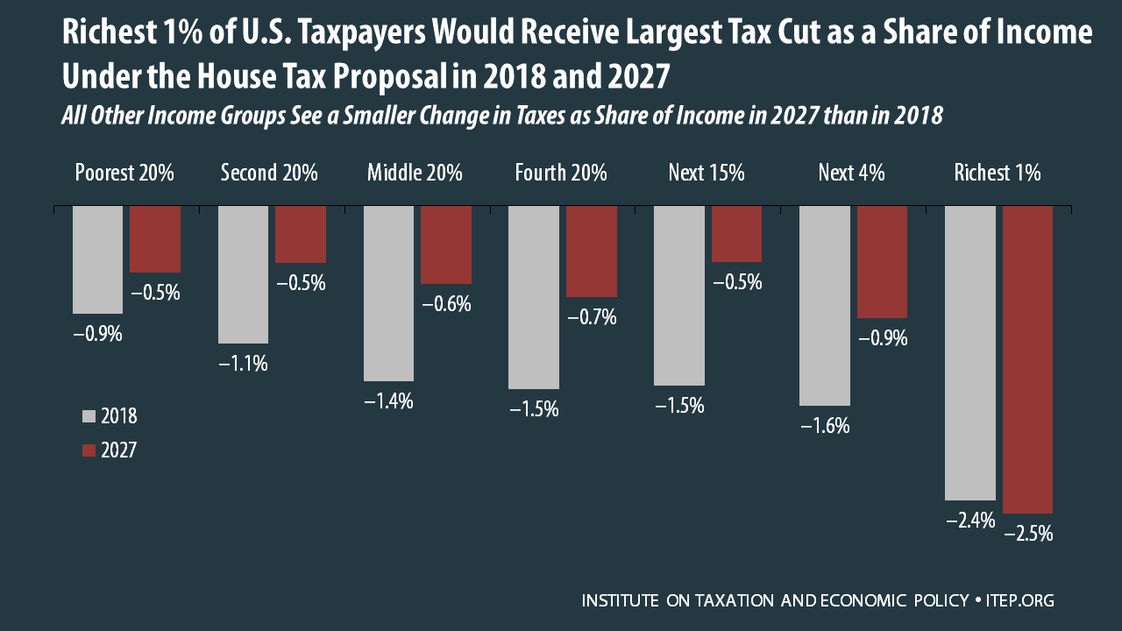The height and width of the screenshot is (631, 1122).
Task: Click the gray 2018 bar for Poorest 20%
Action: pyautogui.click(x=97, y=259)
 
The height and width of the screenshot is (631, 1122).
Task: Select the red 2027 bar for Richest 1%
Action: pyautogui.click(x=1027, y=359)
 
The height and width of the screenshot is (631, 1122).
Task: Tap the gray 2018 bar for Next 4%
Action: pyautogui.click(x=825, y=306)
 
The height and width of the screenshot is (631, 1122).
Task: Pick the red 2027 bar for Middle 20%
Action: pyautogui.click(x=446, y=245)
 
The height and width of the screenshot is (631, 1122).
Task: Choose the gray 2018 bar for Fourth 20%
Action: pyautogui.click(x=534, y=297)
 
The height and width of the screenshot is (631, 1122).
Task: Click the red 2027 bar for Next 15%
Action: pyautogui.click(x=737, y=234)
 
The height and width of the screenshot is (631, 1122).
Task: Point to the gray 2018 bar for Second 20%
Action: pyautogui.click(x=243, y=274)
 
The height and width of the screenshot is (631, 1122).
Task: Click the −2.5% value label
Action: pyautogui.click(x=1027, y=534)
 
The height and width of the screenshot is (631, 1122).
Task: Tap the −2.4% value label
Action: pyautogui.click(x=970, y=521)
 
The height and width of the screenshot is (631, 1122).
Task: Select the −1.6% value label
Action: pyautogui.click(x=825, y=427)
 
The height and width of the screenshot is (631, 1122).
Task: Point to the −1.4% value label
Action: pyautogui.click(x=388, y=402)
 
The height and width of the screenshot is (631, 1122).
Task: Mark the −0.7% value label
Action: pyautogui.click(x=592, y=317)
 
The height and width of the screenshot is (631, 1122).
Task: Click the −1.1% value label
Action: pyautogui.click(x=243, y=364)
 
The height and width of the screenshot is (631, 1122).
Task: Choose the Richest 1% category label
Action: pyautogui.click(x=998, y=173)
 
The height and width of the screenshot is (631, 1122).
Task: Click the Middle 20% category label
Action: pyautogui.click(x=415, y=173)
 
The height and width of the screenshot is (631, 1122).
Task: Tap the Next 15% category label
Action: pyautogui.click(x=706, y=173)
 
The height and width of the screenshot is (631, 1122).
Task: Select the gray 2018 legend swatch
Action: pyautogui.click(x=88, y=416)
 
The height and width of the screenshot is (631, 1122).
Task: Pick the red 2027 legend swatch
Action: pyautogui.click(x=88, y=450)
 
